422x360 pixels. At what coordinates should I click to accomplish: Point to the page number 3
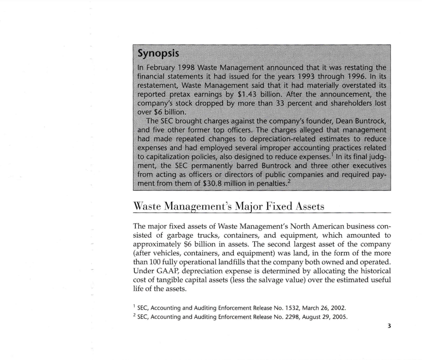[388, 326]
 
